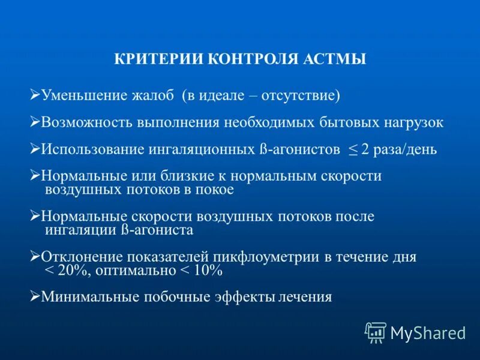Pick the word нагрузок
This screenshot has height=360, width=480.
413,122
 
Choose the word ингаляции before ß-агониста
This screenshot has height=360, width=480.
80,230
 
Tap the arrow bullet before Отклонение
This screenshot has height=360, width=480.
35,256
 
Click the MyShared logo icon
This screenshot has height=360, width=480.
376,332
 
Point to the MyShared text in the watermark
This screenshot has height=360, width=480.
428,332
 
